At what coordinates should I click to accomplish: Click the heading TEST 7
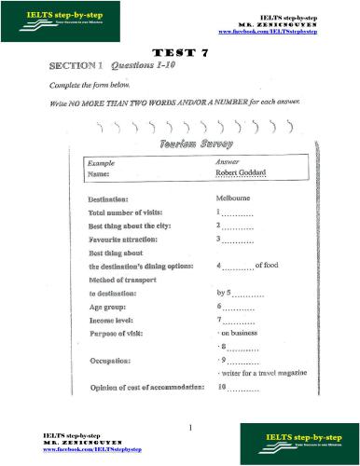[179, 55]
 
